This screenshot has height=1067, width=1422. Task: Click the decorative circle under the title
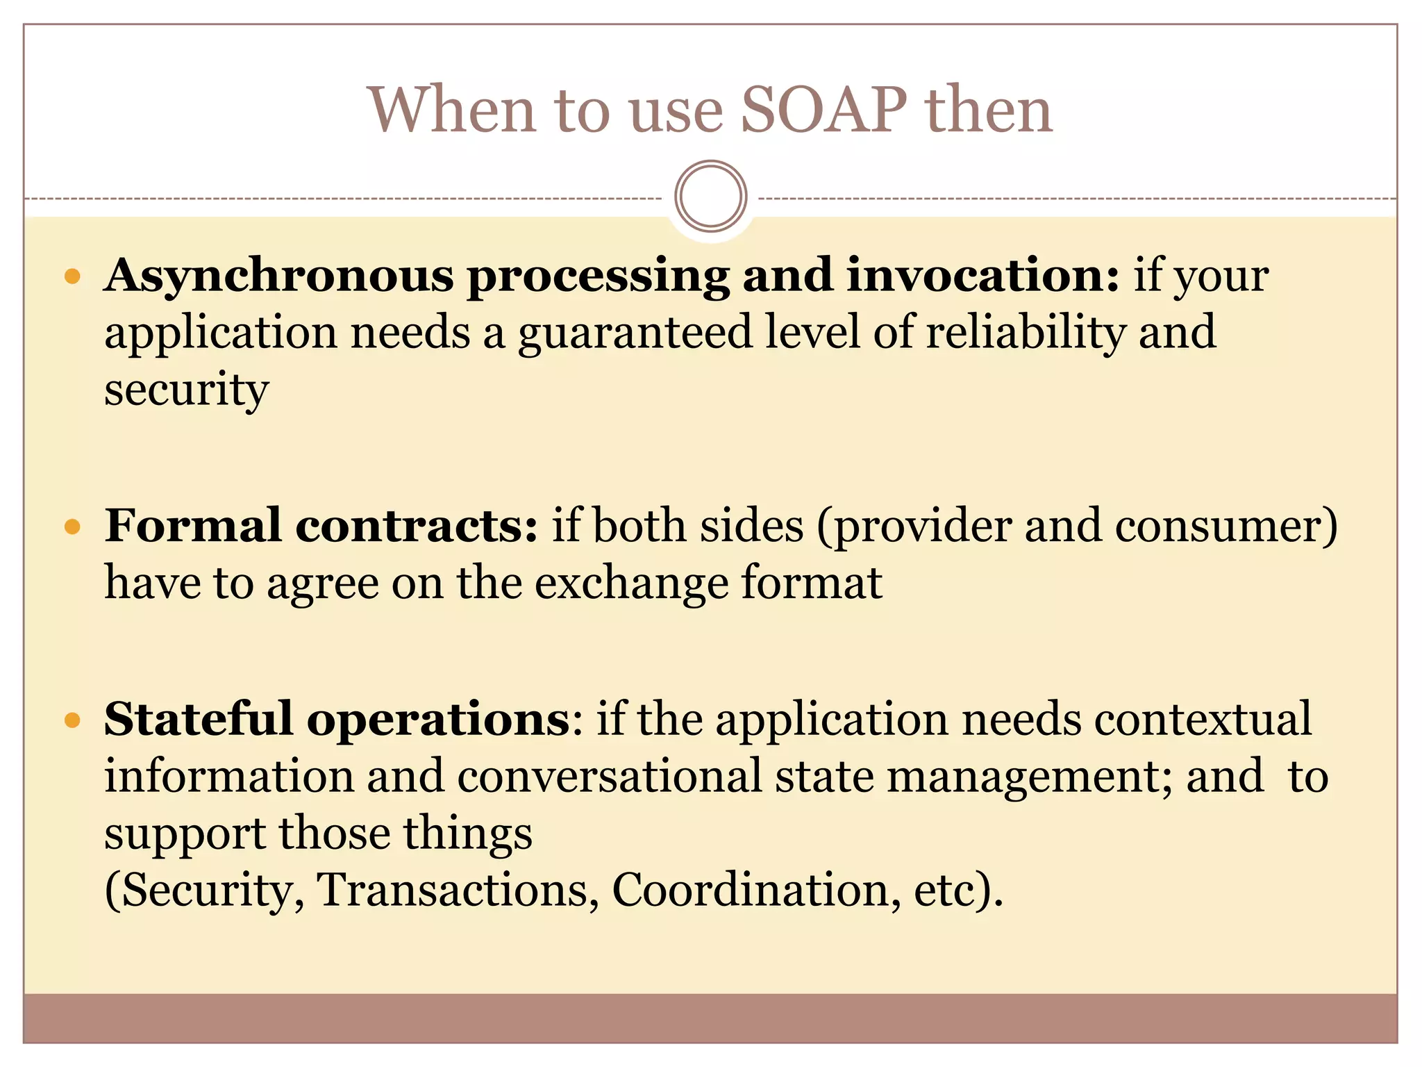tap(710, 196)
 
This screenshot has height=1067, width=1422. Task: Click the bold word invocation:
tap(982, 276)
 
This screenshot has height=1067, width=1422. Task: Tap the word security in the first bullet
tap(186, 390)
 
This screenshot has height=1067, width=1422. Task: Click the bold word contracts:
tap(417, 527)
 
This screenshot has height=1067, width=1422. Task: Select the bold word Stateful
tap(199, 719)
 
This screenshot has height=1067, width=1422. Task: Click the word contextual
tap(1203, 720)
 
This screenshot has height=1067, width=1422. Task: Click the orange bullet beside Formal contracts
tap(72, 528)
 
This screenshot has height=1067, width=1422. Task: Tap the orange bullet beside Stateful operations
tap(72, 720)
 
